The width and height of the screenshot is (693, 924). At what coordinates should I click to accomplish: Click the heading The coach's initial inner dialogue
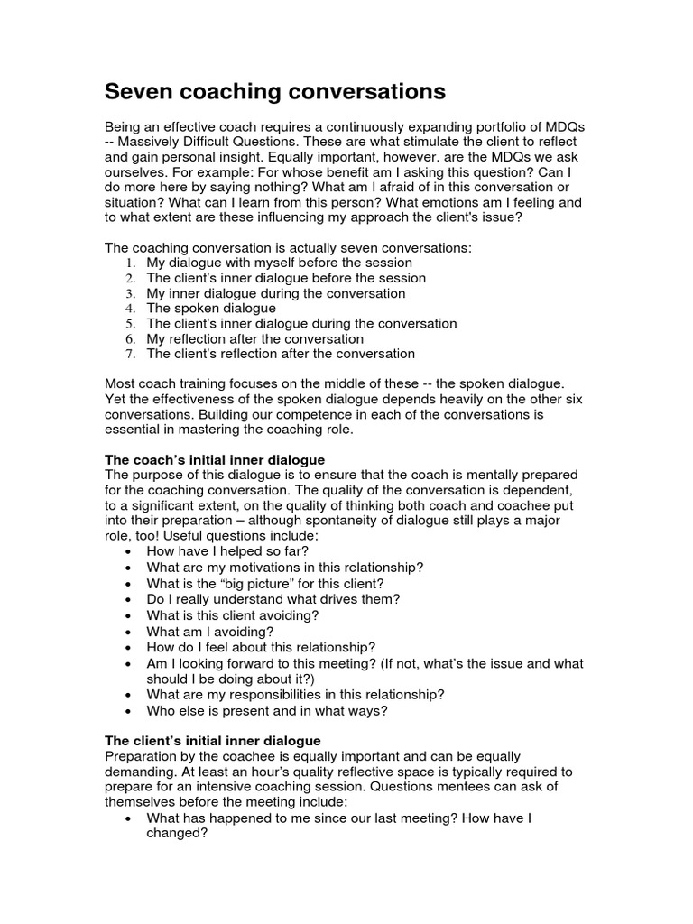click(215, 459)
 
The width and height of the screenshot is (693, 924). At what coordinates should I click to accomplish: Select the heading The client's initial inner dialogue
click(213, 740)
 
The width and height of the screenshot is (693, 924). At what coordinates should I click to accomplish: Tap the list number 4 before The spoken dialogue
click(131, 309)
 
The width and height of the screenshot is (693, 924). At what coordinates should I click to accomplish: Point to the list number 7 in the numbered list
click(131, 354)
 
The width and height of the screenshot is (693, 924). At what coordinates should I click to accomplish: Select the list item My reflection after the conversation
click(255, 338)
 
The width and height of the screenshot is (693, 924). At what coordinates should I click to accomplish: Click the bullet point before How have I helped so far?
click(131, 552)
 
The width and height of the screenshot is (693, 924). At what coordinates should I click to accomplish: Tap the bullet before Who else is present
click(131, 710)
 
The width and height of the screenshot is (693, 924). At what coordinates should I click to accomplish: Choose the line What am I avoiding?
click(209, 632)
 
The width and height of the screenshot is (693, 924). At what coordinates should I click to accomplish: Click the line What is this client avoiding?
click(233, 615)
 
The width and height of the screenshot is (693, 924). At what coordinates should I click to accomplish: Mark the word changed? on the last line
click(177, 834)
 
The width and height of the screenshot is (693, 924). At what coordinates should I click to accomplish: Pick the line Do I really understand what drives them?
click(273, 599)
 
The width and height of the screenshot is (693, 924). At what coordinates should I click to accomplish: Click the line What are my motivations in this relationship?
click(285, 568)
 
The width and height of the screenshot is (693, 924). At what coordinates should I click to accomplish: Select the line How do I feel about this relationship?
click(261, 647)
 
